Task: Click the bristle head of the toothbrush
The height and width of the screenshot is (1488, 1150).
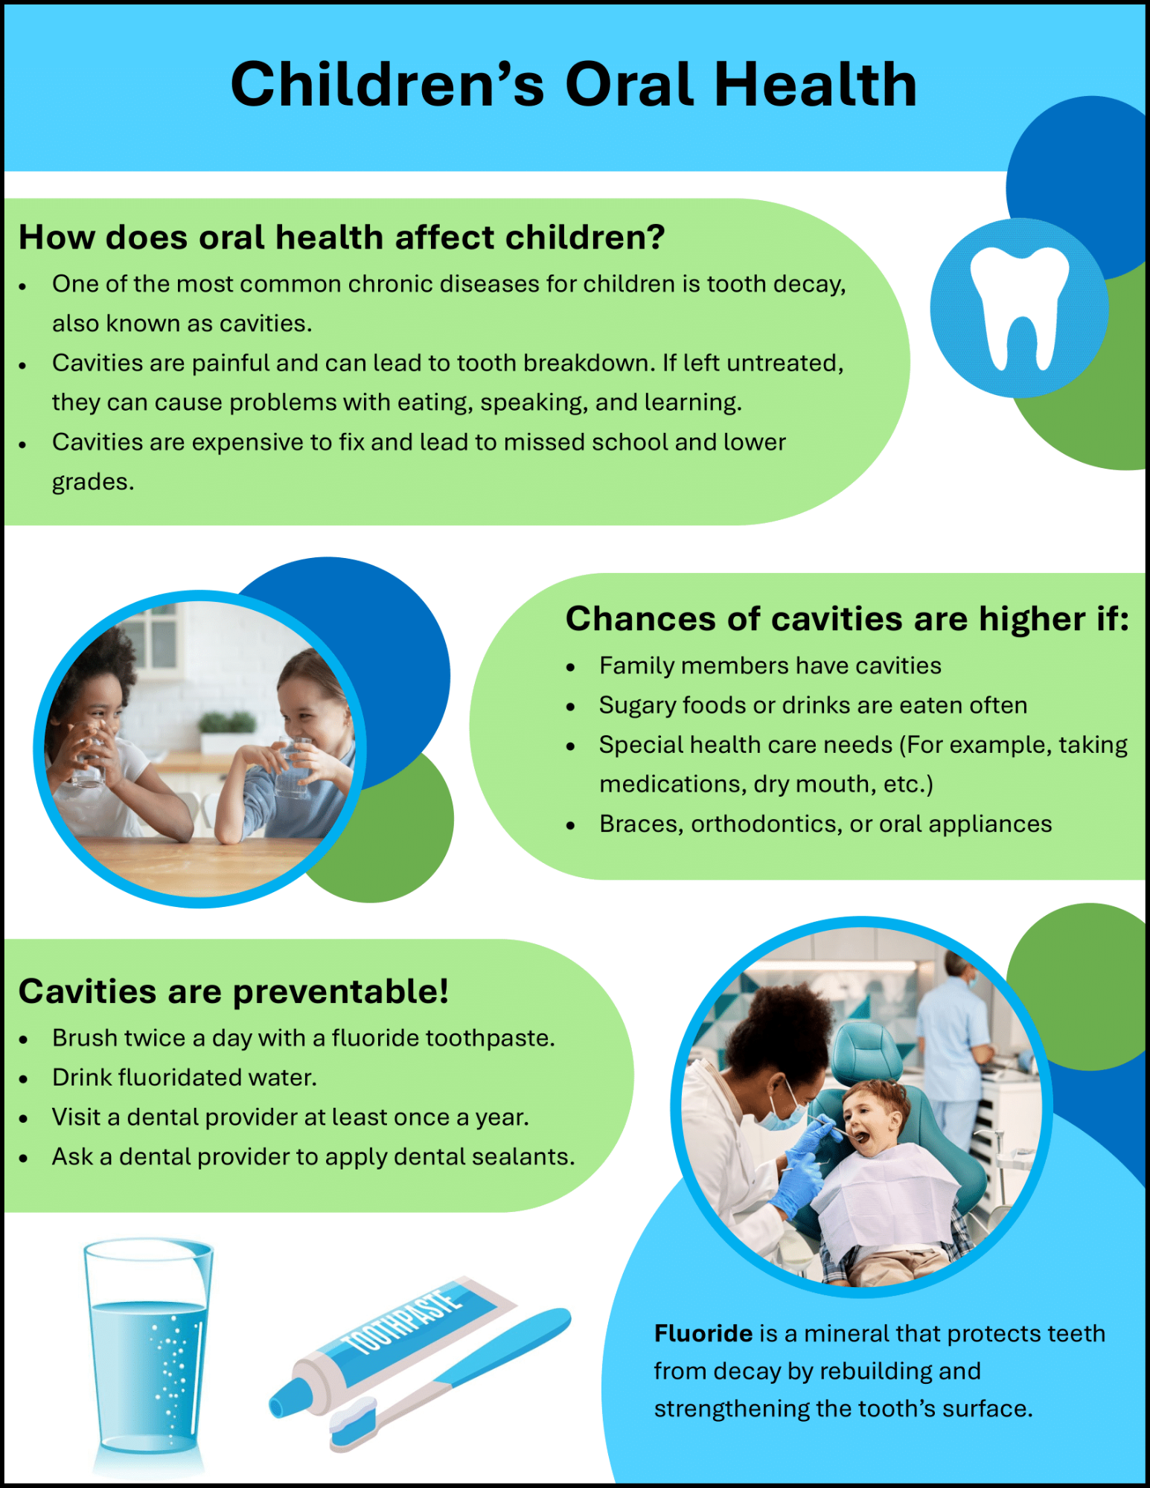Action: [354, 1421]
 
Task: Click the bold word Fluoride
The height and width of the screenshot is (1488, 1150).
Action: [703, 1333]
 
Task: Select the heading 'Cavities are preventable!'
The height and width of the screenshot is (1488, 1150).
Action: [234, 992]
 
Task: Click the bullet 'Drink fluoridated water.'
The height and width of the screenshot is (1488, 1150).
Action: [185, 1077]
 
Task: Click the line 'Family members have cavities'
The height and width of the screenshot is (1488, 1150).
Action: [770, 665]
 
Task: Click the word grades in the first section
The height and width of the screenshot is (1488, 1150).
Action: [93, 483]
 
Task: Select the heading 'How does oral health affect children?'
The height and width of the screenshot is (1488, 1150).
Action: [342, 237]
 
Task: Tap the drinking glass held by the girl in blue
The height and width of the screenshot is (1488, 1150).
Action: [293, 766]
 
